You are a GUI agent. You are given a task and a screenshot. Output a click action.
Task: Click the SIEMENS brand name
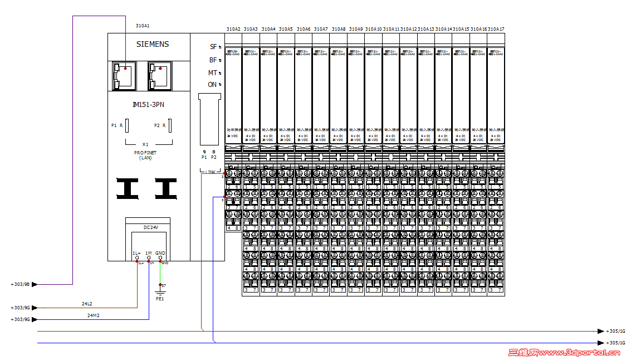pos(152,45)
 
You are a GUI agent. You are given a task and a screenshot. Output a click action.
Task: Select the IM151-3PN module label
pos(148,104)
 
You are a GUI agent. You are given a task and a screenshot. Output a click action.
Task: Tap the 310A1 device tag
pos(143,26)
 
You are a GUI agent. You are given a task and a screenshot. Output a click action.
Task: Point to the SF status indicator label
pos(213,47)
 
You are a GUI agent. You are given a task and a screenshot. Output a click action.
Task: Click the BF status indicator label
pos(213,60)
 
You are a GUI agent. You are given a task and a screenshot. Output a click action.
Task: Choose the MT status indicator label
pos(213,73)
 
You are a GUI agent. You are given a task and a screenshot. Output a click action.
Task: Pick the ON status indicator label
pos(212,85)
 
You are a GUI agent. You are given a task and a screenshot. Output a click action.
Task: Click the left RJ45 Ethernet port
pos(123,75)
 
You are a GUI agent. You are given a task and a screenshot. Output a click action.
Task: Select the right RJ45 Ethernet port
pos(160,75)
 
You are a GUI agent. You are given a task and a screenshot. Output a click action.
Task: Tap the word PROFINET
pos(145,153)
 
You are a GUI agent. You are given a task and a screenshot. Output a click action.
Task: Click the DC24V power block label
pos(151,227)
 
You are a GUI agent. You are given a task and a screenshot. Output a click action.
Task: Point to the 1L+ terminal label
pos(136,253)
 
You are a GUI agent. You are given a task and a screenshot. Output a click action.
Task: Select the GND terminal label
pos(160,253)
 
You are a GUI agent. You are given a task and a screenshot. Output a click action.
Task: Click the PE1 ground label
pos(160,299)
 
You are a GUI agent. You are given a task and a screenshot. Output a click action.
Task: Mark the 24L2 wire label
pos(87,304)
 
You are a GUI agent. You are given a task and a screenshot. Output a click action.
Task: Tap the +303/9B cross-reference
pos(20,284)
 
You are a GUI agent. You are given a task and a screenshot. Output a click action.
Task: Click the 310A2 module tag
pos(233,29)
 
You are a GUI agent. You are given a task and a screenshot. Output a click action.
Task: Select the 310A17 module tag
pos(496,29)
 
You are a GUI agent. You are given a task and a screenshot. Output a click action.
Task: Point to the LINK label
pos(210,172)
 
